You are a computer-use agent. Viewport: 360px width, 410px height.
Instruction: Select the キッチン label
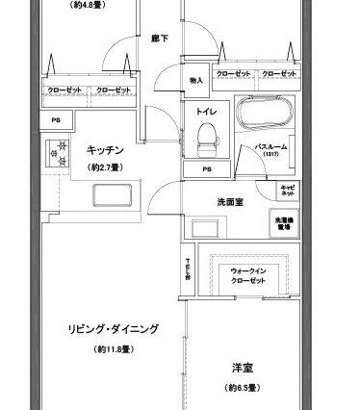[x=103, y=151]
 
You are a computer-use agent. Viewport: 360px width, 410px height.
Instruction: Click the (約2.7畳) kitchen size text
[x=103, y=167]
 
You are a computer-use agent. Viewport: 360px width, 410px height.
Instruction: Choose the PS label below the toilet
[x=207, y=170]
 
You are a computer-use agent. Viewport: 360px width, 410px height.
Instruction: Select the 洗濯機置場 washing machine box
[x=285, y=221]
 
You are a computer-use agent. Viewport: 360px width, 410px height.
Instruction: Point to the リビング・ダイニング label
[x=114, y=328]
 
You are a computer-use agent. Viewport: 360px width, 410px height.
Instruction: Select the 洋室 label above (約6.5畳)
[x=242, y=368]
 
